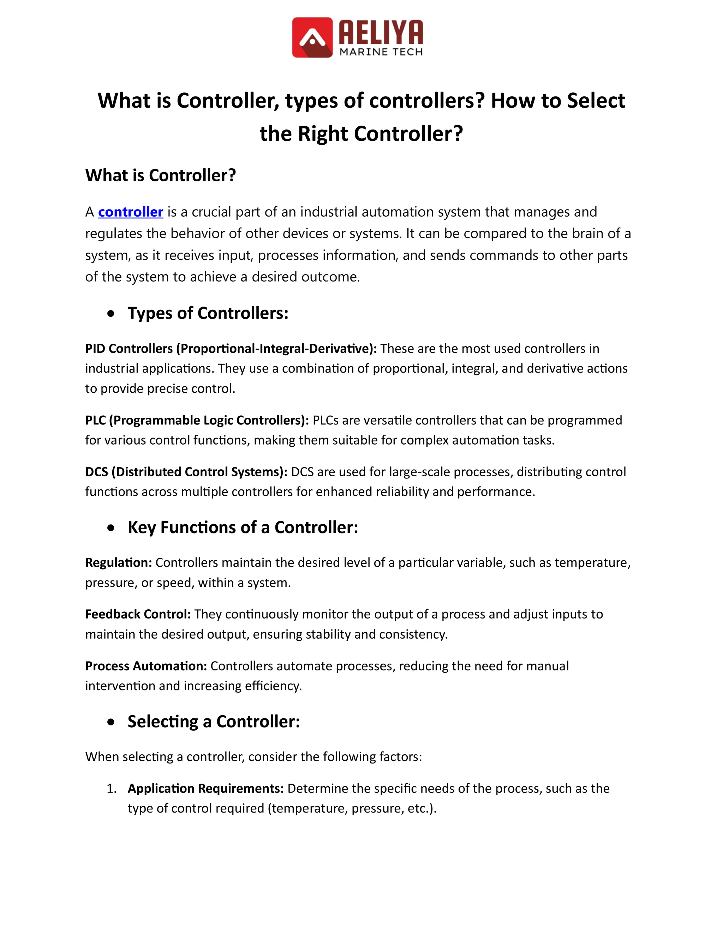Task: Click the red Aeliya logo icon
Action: pos(312,37)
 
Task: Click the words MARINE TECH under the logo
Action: pos(381,52)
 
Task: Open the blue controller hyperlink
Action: pos(131,212)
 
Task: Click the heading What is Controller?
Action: pos(161,175)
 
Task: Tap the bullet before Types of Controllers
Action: pos(111,314)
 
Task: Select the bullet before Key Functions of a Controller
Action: pos(111,528)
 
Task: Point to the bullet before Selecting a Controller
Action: pos(111,722)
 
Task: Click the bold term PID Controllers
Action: pos(129,349)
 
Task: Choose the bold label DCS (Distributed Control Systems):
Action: pos(186,472)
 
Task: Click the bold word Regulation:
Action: pos(119,562)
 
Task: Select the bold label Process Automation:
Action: pos(146,666)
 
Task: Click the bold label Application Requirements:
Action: pos(205,788)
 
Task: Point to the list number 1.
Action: pos(111,789)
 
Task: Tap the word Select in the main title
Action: pos(596,101)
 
